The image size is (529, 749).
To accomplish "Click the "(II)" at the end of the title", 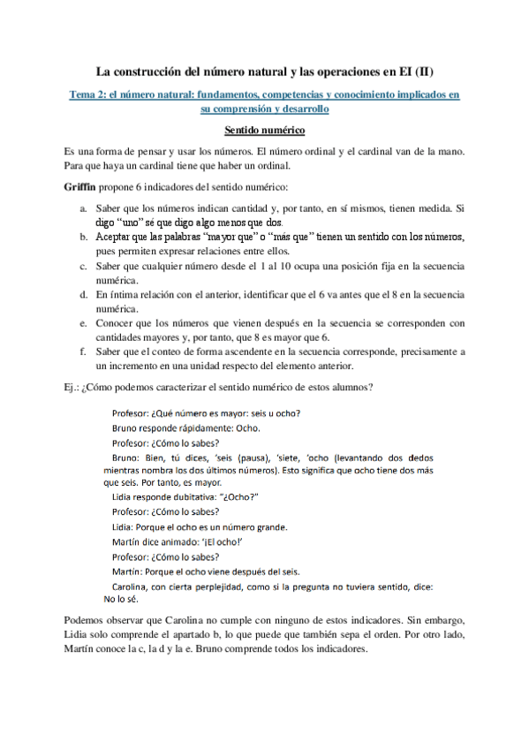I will pos(421,69).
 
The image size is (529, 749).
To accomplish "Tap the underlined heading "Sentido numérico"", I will pos(264,131).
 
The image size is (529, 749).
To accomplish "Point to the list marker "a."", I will pos(82,208).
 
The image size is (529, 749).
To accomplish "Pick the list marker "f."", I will pos(82,352).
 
